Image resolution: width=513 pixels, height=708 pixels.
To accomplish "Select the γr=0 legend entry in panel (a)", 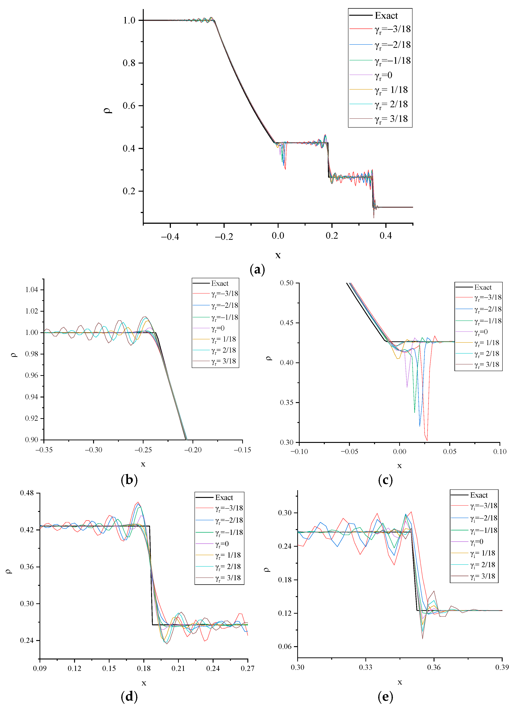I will pyautogui.click(x=383, y=75).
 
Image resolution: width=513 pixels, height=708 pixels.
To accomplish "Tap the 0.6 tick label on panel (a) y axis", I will pyautogui.click(x=129, y=106).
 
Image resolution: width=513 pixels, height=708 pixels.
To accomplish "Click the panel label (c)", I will pyautogui.click(x=385, y=480).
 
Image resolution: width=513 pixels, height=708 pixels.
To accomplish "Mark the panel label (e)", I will pyautogui.click(x=385, y=696).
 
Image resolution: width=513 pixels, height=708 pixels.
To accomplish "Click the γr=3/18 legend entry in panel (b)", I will pyautogui.click(x=223, y=361).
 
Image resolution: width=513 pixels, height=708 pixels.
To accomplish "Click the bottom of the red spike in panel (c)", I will pyautogui.click(x=427, y=440).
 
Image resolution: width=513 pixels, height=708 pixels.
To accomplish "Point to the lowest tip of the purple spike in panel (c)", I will pyautogui.click(x=407, y=387).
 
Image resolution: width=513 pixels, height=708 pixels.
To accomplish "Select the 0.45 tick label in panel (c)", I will pyautogui.click(x=287, y=323).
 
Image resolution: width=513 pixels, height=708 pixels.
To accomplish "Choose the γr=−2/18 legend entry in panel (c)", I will pyautogui.click(x=488, y=309).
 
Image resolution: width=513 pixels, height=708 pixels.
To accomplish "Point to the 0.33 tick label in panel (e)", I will pyautogui.click(x=366, y=667).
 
